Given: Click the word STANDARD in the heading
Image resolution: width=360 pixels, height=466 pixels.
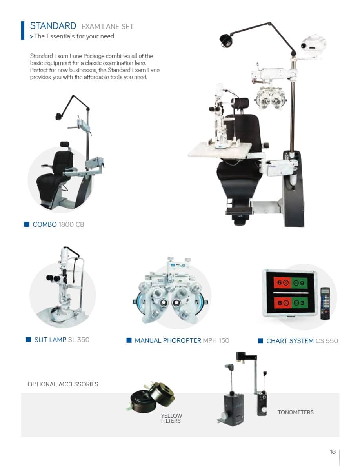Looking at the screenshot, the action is pos(53,26).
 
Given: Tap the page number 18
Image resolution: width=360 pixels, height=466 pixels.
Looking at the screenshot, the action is pos(333,452).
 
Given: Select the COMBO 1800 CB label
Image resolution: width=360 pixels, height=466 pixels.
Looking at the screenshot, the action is pos(58,224).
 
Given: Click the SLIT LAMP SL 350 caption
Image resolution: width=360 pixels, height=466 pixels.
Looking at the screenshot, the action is pos(62,340).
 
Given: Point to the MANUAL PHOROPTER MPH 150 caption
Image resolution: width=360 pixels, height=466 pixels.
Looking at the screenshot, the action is pos(182,340).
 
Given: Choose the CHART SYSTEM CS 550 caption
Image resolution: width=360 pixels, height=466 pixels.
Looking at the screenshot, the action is pos(302,341).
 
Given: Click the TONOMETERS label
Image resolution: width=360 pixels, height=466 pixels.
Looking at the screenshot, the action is pos(296,412).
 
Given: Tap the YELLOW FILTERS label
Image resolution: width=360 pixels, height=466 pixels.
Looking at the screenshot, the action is pos(171,419).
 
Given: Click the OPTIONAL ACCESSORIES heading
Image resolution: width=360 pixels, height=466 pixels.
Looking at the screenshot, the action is pos(63,384).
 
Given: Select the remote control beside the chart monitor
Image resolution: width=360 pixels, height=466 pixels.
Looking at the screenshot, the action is pos(325,303).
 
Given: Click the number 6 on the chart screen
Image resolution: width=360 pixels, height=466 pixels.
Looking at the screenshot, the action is pos(279,283).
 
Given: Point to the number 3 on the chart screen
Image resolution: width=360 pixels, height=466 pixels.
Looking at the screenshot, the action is pos(302,303).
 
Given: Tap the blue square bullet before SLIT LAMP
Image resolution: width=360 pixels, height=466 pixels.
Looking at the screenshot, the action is pos(29,340).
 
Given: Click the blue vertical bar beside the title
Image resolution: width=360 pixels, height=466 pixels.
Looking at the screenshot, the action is pos(23,30).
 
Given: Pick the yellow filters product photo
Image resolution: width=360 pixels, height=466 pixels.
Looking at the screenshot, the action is pos(153,398).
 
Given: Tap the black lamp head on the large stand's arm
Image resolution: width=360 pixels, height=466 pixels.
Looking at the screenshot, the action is pos(226,40).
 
